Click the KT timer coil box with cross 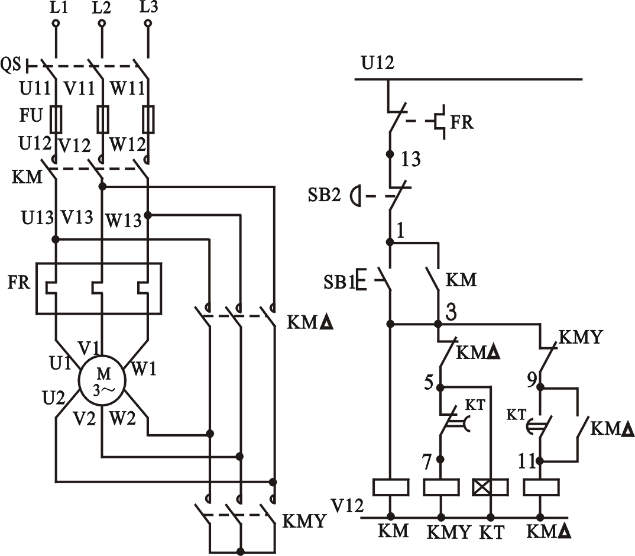pyautogui.click(x=491, y=487)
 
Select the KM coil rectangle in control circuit pyautogui.click(x=391, y=487)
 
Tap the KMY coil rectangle pyautogui.click(x=441, y=487)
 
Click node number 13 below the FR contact pyautogui.click(x=410, y=159)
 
